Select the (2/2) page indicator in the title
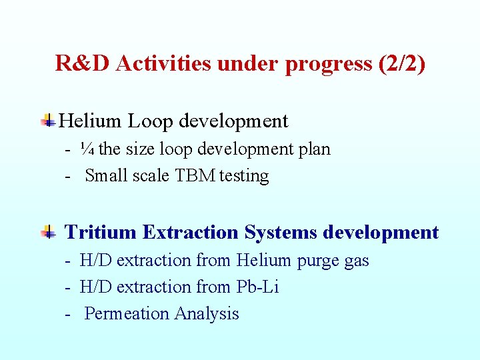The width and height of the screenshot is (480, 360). click(x=401, y=63)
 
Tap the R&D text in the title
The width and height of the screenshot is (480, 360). click(x=83, y=63)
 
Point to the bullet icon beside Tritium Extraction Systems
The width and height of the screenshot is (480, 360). click(x=48, y=233)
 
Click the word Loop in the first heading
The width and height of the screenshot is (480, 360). click(x=151, y=121)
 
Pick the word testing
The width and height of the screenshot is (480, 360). click(x=244, y=176)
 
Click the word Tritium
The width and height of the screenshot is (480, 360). click(x=101, y=233)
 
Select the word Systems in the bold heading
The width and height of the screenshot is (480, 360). click(x=280, y=233)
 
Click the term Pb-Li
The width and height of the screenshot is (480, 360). click(x=258, y=287)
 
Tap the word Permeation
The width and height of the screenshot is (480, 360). click(x=127, y=313)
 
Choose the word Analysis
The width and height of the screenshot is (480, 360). click(x=207, y=313)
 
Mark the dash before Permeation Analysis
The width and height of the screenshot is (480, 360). click(x=69, y=314)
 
